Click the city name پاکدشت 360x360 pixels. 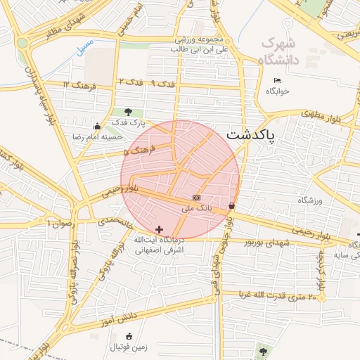[251, 136]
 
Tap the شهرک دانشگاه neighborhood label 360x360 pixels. [280, 51]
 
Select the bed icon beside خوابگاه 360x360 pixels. [277, 80]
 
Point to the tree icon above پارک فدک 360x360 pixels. [128, 112]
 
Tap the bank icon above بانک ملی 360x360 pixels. [196, 198]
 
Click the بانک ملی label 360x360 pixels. [196, 208]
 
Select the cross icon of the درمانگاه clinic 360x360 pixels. [159, 229]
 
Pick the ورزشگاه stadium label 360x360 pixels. [309, 200]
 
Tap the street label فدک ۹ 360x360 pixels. [162, 83]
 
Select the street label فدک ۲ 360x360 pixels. [131, 82]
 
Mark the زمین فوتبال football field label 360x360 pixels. [128, 347]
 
